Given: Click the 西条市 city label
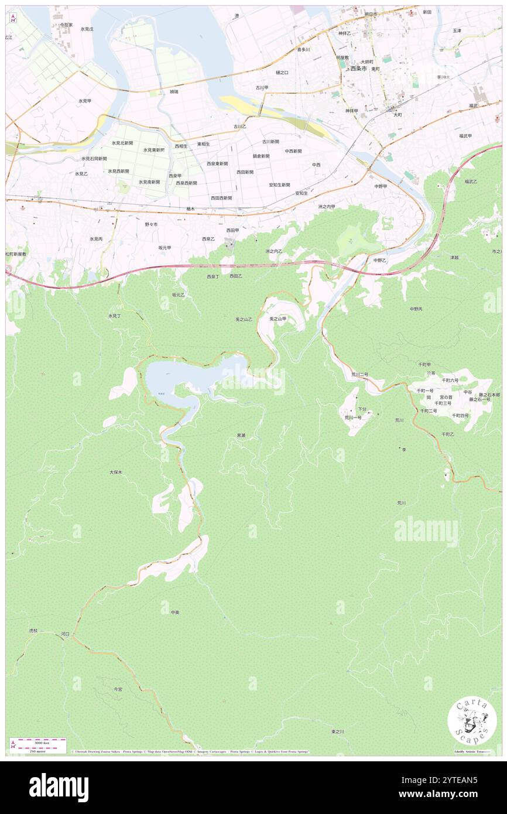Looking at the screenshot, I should pyautogui.click(x=358, y=69).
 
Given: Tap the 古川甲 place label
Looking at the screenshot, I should pyautogui.click(x=261, y=88).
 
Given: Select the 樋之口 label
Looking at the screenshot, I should pyautogui.click(x=282, y=73).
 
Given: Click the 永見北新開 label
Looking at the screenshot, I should pyautogui.click(x=122, y=143).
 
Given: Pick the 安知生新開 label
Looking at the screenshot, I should pyautogui.click(x=279, y=184).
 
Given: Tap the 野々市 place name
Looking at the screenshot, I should pyautogui.click(x=151, y=224).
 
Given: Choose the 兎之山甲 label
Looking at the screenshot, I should pyautogui.click(x=278, y=319).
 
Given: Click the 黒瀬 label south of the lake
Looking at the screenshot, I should pyautogui.click(x=241, y=435).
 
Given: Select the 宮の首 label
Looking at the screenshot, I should pyautogui.click(x=446, y=397).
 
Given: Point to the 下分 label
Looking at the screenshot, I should pyautogui.click(x=362, y=409).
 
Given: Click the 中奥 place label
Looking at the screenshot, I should pyautogui.click(x=174, y=612).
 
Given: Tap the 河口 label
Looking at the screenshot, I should pyautogui.click(x=65, y=634).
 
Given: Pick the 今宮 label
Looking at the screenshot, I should pyautogui.click(x=118, y=689).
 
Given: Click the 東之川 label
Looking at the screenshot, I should pyautogui.click(x=338, y=731).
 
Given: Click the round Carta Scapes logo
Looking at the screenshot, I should pyautogui.click(x=472, y=721).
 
